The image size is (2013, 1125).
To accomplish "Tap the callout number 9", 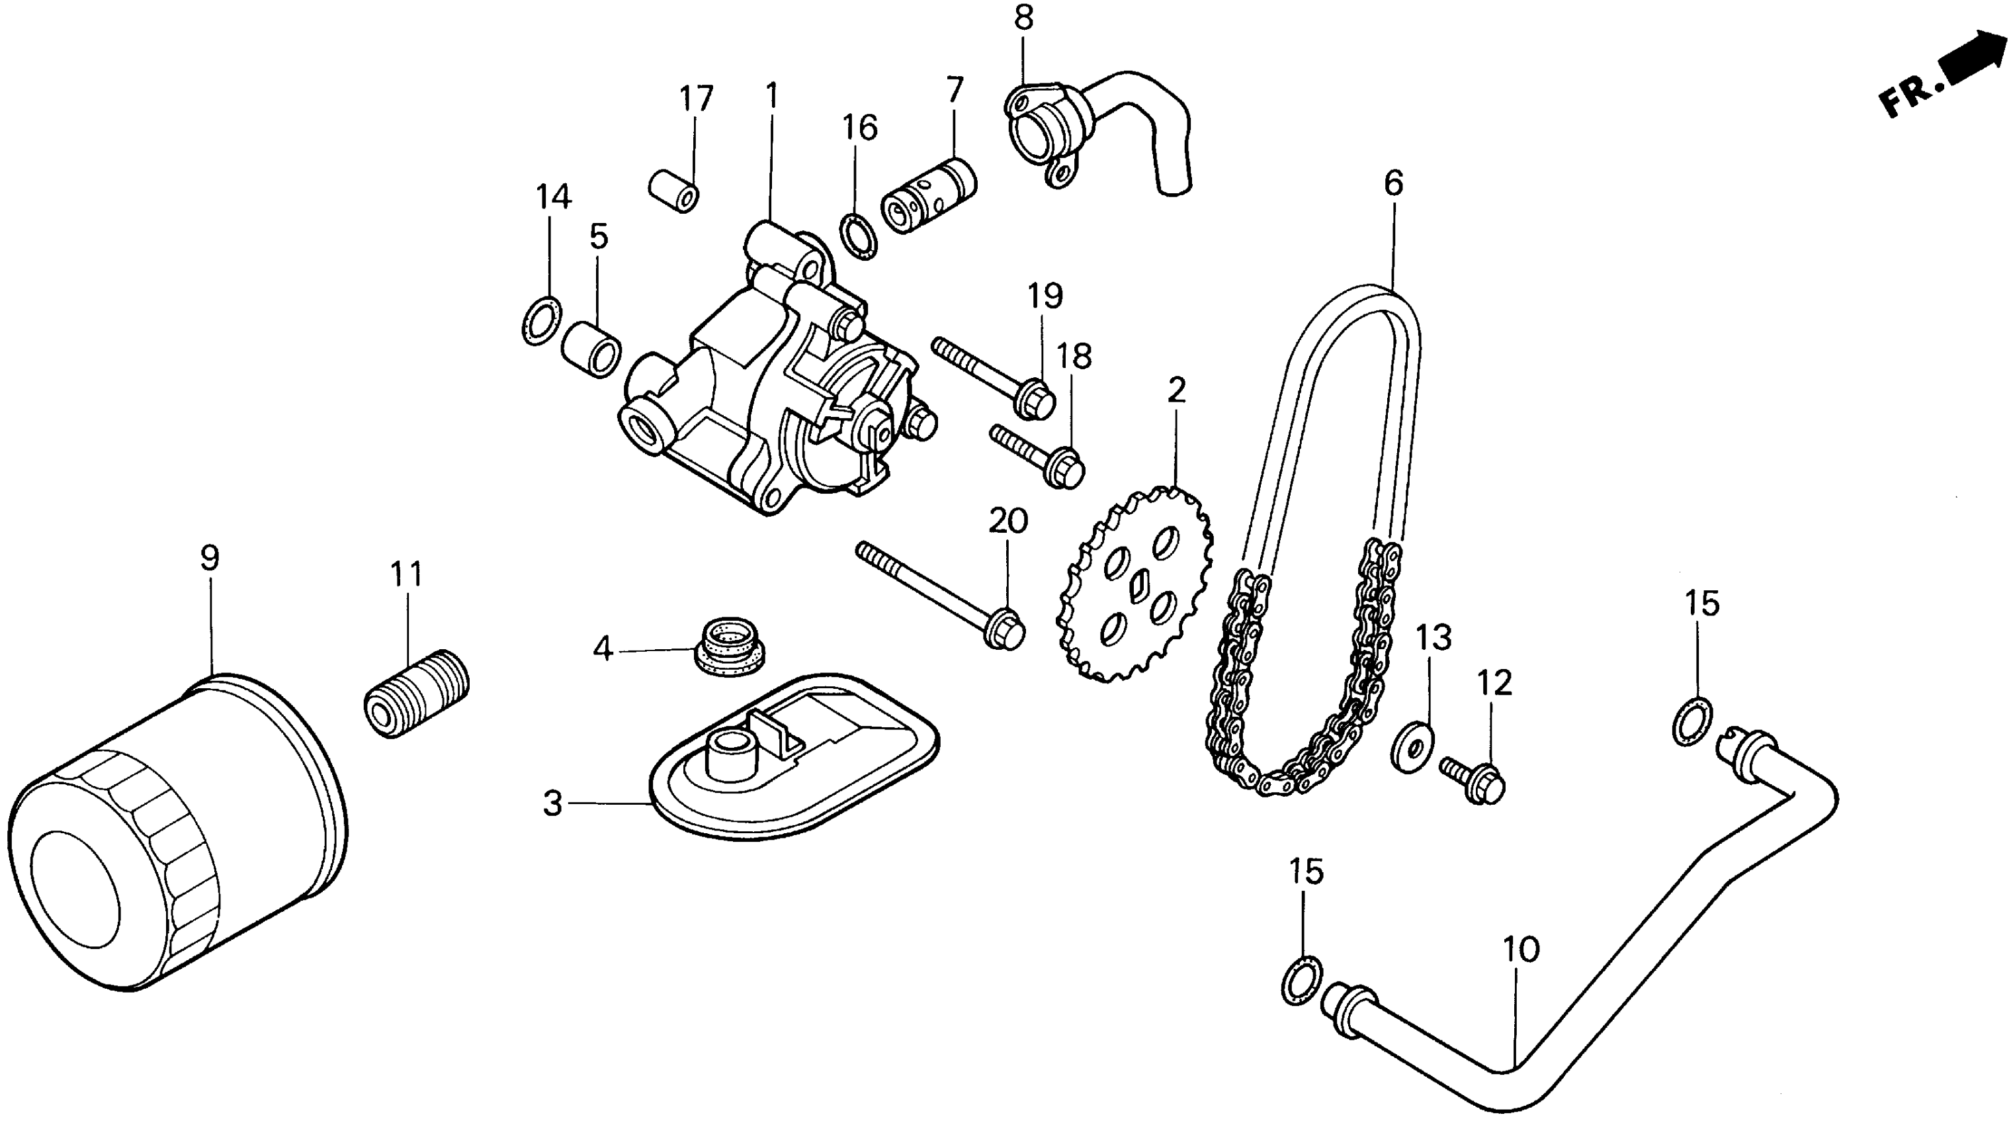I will pyautogui.click(x=210, y=559).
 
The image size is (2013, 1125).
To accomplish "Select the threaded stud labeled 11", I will pyautogui.click(x=417, y=693).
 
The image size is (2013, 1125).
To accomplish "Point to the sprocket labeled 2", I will pyautogui.click(x=1133, y=586).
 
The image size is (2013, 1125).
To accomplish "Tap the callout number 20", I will pyautogui.click(x=1008, y=521).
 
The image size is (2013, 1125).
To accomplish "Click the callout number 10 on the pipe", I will pyautogui.click(x=1521, y=949).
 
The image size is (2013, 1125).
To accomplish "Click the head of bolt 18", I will pyautogui.click(x=1068, y=467).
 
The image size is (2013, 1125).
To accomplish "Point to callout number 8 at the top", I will pyautogui.click(x=1023, y=17).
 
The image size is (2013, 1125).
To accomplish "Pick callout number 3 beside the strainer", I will pyautogui.click(x=552, y=803).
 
